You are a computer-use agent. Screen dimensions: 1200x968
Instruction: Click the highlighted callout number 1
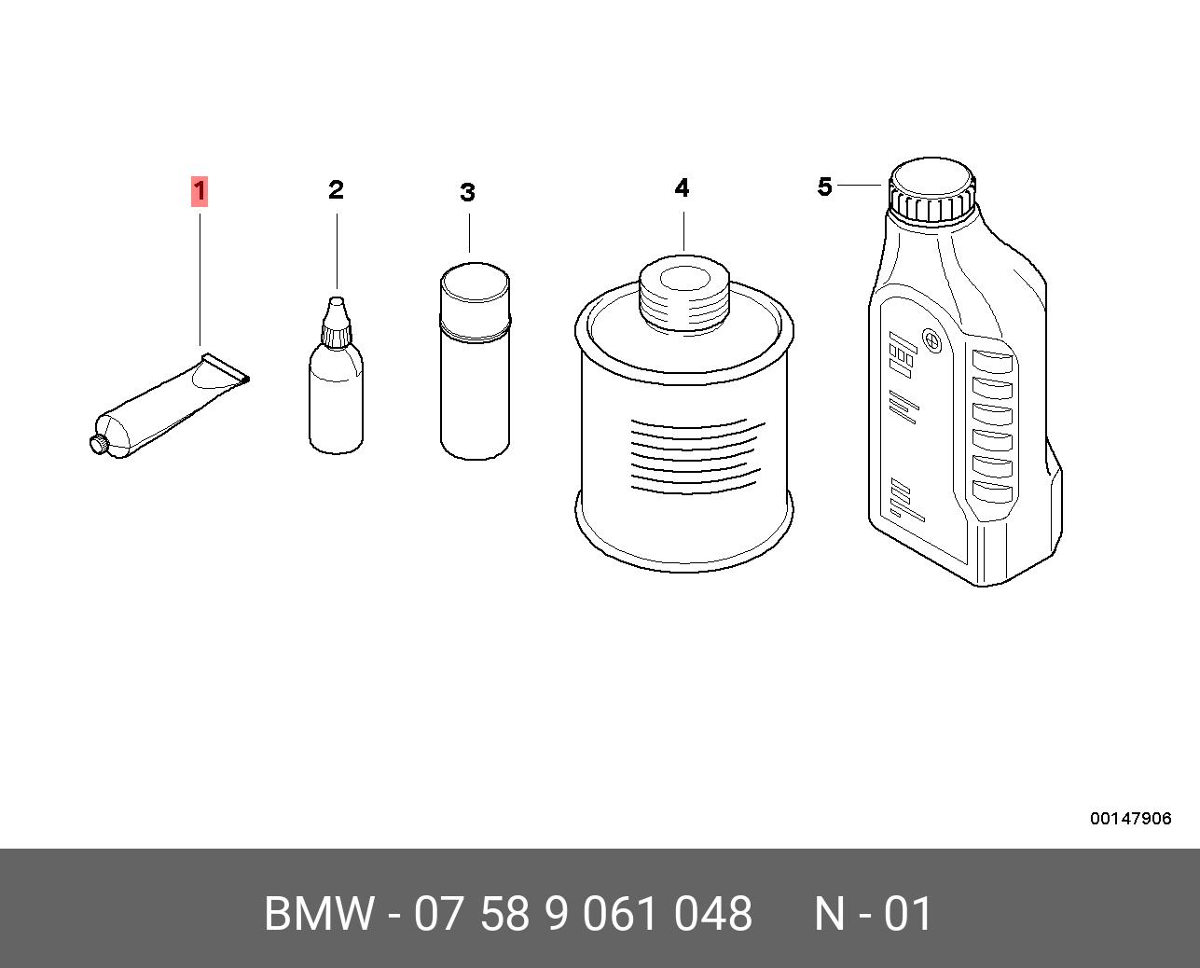coord(200,191)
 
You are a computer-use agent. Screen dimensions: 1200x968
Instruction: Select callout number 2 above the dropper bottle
coord(336,190)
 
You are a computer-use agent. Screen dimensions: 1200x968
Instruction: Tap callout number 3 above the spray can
coord(467,192)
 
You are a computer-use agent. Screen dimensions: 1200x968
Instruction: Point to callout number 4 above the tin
coord(682,188)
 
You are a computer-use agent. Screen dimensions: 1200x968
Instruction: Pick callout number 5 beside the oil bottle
coord(824,187)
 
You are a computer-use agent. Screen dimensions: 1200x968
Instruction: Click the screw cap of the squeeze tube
coord(98,443)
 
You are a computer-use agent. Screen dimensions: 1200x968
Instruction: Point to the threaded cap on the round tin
coord(683,294)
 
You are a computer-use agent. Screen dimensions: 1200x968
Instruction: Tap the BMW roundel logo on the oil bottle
coord(931,339)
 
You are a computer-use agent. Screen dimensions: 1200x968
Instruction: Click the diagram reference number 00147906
coord(1131,819)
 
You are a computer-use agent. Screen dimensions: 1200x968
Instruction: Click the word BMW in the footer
coord(319,913)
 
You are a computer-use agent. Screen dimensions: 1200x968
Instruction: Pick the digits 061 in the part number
coord(619,913)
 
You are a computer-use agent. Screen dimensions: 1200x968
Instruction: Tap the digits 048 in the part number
coord(713,913)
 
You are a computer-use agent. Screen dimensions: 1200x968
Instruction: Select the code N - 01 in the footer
coord(874,913)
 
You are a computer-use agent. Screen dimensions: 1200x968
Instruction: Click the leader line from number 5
coord(860,185)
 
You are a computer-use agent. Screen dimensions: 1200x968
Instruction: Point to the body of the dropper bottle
coord(336,398)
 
